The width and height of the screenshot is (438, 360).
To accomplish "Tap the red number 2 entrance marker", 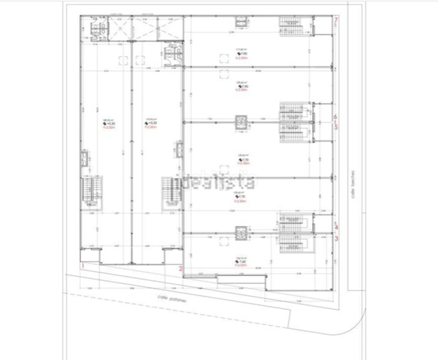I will pos(180,269).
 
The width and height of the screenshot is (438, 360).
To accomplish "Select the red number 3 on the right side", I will pos(337,238).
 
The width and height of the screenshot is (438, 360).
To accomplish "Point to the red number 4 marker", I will pos(337,227).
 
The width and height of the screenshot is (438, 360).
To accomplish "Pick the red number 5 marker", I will pos(337,127).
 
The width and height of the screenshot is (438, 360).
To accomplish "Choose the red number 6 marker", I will pos(337,116).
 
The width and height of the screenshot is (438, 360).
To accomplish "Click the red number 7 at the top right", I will pos(337,22).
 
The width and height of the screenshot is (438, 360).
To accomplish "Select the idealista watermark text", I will pos(218,181).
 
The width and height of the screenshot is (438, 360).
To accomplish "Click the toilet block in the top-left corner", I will pos(96,28).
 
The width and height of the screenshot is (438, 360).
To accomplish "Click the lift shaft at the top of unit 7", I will pos(241,22).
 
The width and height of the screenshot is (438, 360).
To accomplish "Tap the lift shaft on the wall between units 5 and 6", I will pos(241,122).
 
